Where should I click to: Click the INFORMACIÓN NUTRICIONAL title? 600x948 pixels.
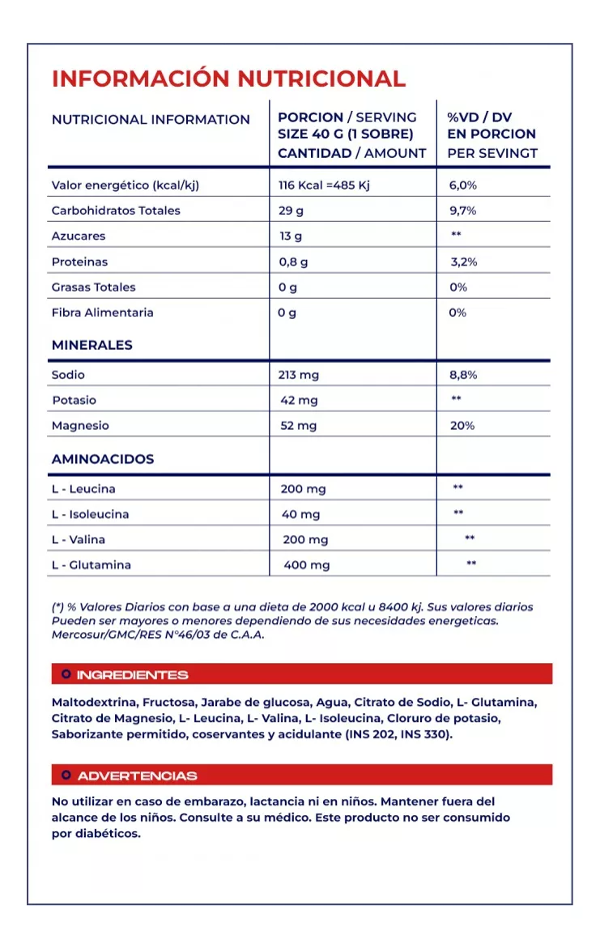click(228, 79)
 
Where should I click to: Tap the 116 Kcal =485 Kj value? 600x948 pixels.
click(325, 185)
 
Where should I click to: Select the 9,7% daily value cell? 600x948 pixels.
click(462, 211)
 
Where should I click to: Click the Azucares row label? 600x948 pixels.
click(78, 237)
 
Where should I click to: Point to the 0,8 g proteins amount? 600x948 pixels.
click(293, 262)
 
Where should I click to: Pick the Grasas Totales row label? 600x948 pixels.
click(93, 288)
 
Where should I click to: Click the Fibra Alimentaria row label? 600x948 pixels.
click(102, 313)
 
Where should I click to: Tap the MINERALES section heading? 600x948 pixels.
click(92, 345)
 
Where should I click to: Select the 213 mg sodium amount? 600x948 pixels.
click(298, 375)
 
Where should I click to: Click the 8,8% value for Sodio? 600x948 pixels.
click(463, 375)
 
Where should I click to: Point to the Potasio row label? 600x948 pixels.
click(74, 401)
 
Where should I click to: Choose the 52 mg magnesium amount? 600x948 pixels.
click(298, 426)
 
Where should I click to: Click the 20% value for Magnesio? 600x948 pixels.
click(462, 426)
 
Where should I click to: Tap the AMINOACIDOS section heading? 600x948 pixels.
click(103, 460)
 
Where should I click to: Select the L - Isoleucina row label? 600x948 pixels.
click(90, 514)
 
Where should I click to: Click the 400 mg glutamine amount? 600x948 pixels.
click(306, 565)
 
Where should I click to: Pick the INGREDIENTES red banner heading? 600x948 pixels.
click(132, 675)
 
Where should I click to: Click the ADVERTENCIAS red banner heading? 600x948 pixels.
click(137, 776)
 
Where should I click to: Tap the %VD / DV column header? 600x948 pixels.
click(479, 118)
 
